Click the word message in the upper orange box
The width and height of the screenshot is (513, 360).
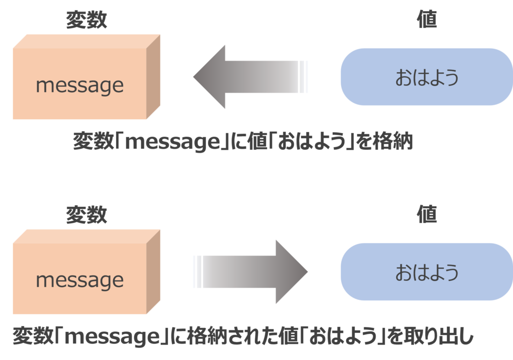pos(80,86)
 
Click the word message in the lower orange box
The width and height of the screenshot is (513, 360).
pos(80,280)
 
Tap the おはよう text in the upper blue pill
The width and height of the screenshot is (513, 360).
pos(427,78)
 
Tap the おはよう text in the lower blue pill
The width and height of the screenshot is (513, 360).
pos(427,272)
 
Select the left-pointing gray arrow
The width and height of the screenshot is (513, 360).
pos(250,77)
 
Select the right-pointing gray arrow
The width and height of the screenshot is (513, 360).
pos(250,272)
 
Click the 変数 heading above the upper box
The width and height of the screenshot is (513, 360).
pos(87,21)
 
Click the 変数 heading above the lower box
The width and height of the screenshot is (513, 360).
pos(87,215)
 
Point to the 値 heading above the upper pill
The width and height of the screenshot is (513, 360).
pos(427,20)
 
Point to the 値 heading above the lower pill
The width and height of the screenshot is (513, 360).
pos(427,215)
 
